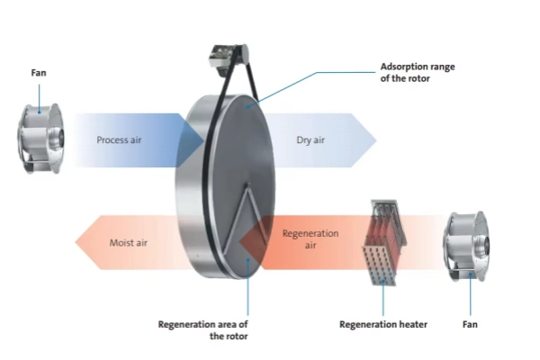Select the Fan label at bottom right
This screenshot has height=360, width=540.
pyautogui.click(x=470, y=323)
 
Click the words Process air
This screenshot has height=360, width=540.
pyautogui.click(x=120, y=140)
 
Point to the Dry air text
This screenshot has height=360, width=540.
pyautogui.click(x=310, y=140)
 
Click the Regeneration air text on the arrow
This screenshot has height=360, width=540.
pyautogui.click(x=310, y=238)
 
